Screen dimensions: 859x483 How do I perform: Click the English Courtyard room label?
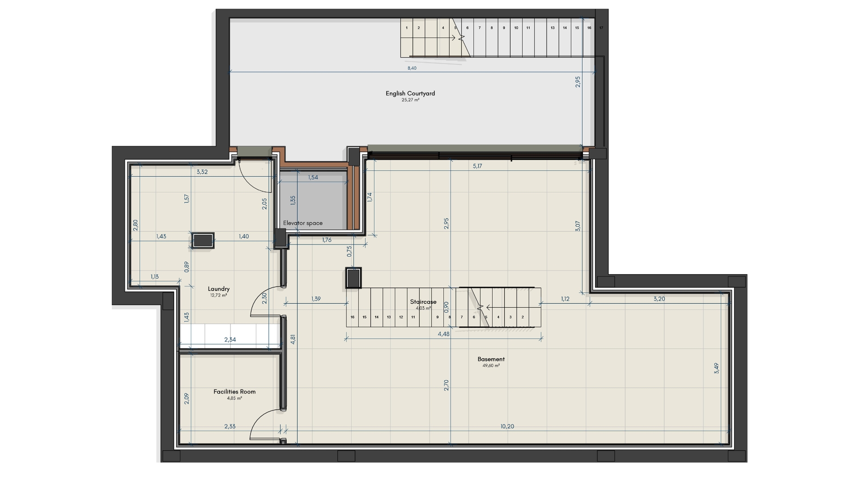pos(410,93)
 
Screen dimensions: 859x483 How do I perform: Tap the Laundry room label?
pos(219,289)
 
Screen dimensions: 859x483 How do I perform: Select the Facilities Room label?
pos(234,392)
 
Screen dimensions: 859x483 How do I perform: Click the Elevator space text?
pos(302,223)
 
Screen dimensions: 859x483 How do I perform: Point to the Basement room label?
pos(491,359)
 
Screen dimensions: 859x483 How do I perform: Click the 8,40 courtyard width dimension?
pos(412,68)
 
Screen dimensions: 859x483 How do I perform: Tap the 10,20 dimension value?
pos(507,427)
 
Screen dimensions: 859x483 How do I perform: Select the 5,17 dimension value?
pos(477,166)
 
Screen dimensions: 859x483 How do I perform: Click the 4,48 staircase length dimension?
pos(444,334)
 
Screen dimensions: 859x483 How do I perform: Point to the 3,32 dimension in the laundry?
pos(202,172)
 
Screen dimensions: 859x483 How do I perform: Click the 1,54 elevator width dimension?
pos(313,178)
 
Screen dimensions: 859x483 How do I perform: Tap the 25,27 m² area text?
pos(410,100)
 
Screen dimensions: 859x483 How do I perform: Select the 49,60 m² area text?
pos(491,365)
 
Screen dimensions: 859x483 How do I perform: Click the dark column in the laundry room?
pos(203,240)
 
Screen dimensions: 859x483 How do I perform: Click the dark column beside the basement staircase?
pos(353,278)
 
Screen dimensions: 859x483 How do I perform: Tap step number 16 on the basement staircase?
pos(353,317)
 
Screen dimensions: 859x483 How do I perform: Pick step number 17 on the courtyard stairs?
pos(601,28)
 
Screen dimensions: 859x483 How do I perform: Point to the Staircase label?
pos(423,302)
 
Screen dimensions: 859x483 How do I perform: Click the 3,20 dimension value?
pos(659,299)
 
